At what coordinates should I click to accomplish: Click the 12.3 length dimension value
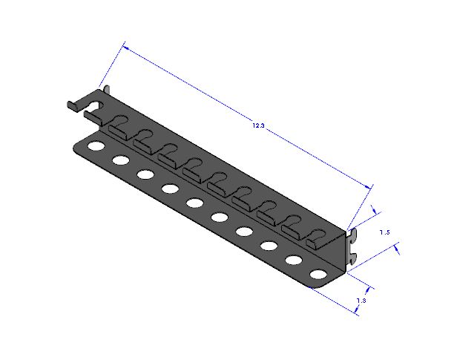coord(258,125)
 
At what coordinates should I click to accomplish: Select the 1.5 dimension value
coord(385,232)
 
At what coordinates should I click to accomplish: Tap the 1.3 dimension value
coord(361,300)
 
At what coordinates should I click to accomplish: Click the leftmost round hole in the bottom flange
coord(96,145)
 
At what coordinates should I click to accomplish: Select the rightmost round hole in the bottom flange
coord(318,275)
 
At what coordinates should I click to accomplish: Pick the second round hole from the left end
coord(121,160)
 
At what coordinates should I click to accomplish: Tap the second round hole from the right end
coord(294,260)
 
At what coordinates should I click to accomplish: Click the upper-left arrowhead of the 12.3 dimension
coord(126,48)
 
